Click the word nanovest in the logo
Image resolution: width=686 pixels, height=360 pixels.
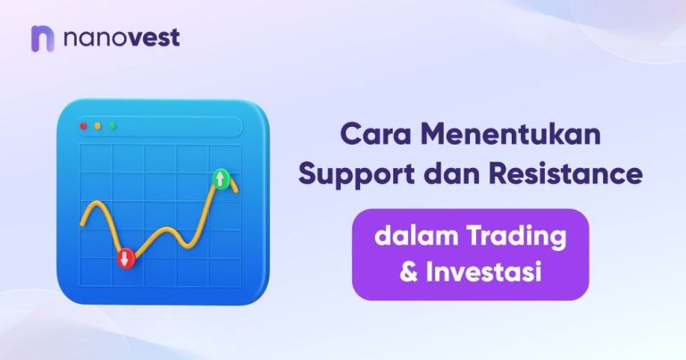click(121, 38)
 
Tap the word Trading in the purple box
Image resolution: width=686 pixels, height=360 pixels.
click(515, 239)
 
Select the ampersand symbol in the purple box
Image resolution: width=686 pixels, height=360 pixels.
click(409, 272)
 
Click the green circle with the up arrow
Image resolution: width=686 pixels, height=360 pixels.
click(220, 179)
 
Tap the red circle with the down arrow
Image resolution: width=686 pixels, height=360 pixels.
click(125, 258)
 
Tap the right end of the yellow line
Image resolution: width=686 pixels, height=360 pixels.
click(237, 190)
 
